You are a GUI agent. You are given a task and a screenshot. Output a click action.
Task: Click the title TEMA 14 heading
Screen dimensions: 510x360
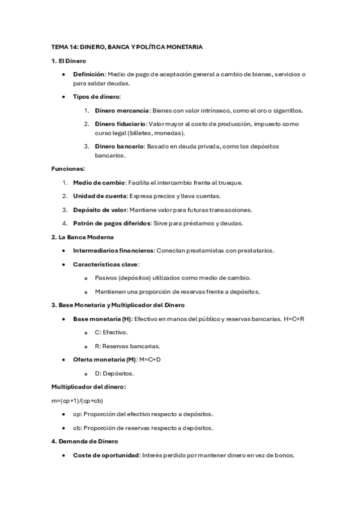tap(127, 47)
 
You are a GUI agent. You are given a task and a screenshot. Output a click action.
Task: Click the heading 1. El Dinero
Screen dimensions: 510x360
tap(69, 61)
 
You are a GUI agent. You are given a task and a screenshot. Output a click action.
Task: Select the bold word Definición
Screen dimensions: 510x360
tap(89, 74)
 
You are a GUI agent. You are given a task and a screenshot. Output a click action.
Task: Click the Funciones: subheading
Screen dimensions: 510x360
tap(68, 169)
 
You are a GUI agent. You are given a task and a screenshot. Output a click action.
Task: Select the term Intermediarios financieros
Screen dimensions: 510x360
tap(114, 250)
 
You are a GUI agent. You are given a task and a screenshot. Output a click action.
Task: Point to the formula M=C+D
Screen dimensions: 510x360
tap(150, 359)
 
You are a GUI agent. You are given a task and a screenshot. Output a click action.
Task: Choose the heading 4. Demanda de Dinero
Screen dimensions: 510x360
tap(85, 441)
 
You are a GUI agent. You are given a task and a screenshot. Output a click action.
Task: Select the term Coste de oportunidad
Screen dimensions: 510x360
tap(106, 455)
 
